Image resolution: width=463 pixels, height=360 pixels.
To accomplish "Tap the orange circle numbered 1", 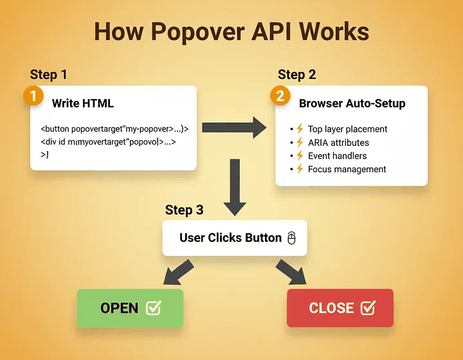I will pyautogui.click(x=33, y=96).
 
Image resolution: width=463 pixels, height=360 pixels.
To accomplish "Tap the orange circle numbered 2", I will pyautogui.click(x=280, y=96).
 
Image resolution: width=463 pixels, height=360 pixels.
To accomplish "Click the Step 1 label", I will pyautogui.click(x=48, y=75).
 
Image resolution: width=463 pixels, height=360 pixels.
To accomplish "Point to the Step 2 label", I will pyautogui.click(x=296, y=75).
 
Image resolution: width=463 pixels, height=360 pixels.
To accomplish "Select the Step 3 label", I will pyautogui.click(x=184, y=210).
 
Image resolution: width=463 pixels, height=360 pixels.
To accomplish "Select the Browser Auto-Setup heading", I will pyautogui.click(x=352, y=103).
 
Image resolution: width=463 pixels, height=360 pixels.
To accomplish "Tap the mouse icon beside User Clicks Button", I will pyautogui.click(x=291, y=238).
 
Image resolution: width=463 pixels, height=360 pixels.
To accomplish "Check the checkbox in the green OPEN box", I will pyautogui.click(x=154, y=308).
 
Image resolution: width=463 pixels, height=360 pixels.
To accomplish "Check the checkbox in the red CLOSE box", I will pyautogui.click(x=367, y=308).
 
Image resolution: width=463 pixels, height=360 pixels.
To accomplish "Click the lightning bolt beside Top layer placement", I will pyautogui.click(x=298, y=129).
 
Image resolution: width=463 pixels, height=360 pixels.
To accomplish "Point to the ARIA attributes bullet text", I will pyautogui.click(x=338, y=143).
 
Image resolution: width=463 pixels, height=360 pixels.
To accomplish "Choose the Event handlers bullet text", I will pyautogui.click(x=337, y=156).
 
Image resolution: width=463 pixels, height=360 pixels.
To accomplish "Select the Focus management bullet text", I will pyautogui.click(x=347, y=169).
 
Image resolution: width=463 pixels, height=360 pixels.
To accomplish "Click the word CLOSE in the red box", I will pyautogui.click(x=331, y=308).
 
